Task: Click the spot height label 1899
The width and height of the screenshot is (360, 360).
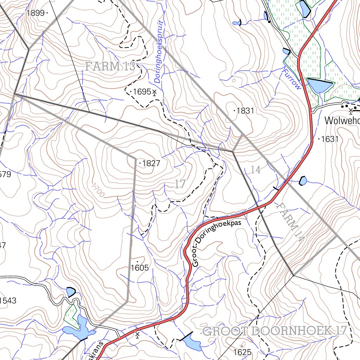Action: pos(35,13)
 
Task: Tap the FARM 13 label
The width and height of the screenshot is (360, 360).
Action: pos(110,66)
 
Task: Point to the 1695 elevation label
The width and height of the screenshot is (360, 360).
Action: pos(142,92)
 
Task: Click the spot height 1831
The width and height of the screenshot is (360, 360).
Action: pos(245,111)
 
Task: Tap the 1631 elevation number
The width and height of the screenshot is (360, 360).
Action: pos(329,139)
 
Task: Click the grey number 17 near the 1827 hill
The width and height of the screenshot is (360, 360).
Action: pos(180,184)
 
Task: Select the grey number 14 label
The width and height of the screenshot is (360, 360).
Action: pos(256,170)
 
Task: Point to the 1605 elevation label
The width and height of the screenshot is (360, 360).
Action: pos(140,268)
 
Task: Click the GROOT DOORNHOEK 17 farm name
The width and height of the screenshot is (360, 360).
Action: pos(275,331)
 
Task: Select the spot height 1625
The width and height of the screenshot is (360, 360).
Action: pos(242,352)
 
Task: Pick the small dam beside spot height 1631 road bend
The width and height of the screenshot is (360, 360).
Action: pos(303,181)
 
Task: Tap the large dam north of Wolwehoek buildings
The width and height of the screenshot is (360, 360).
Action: pos(319,85)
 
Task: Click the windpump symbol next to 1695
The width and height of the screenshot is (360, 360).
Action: pos(154,92)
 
